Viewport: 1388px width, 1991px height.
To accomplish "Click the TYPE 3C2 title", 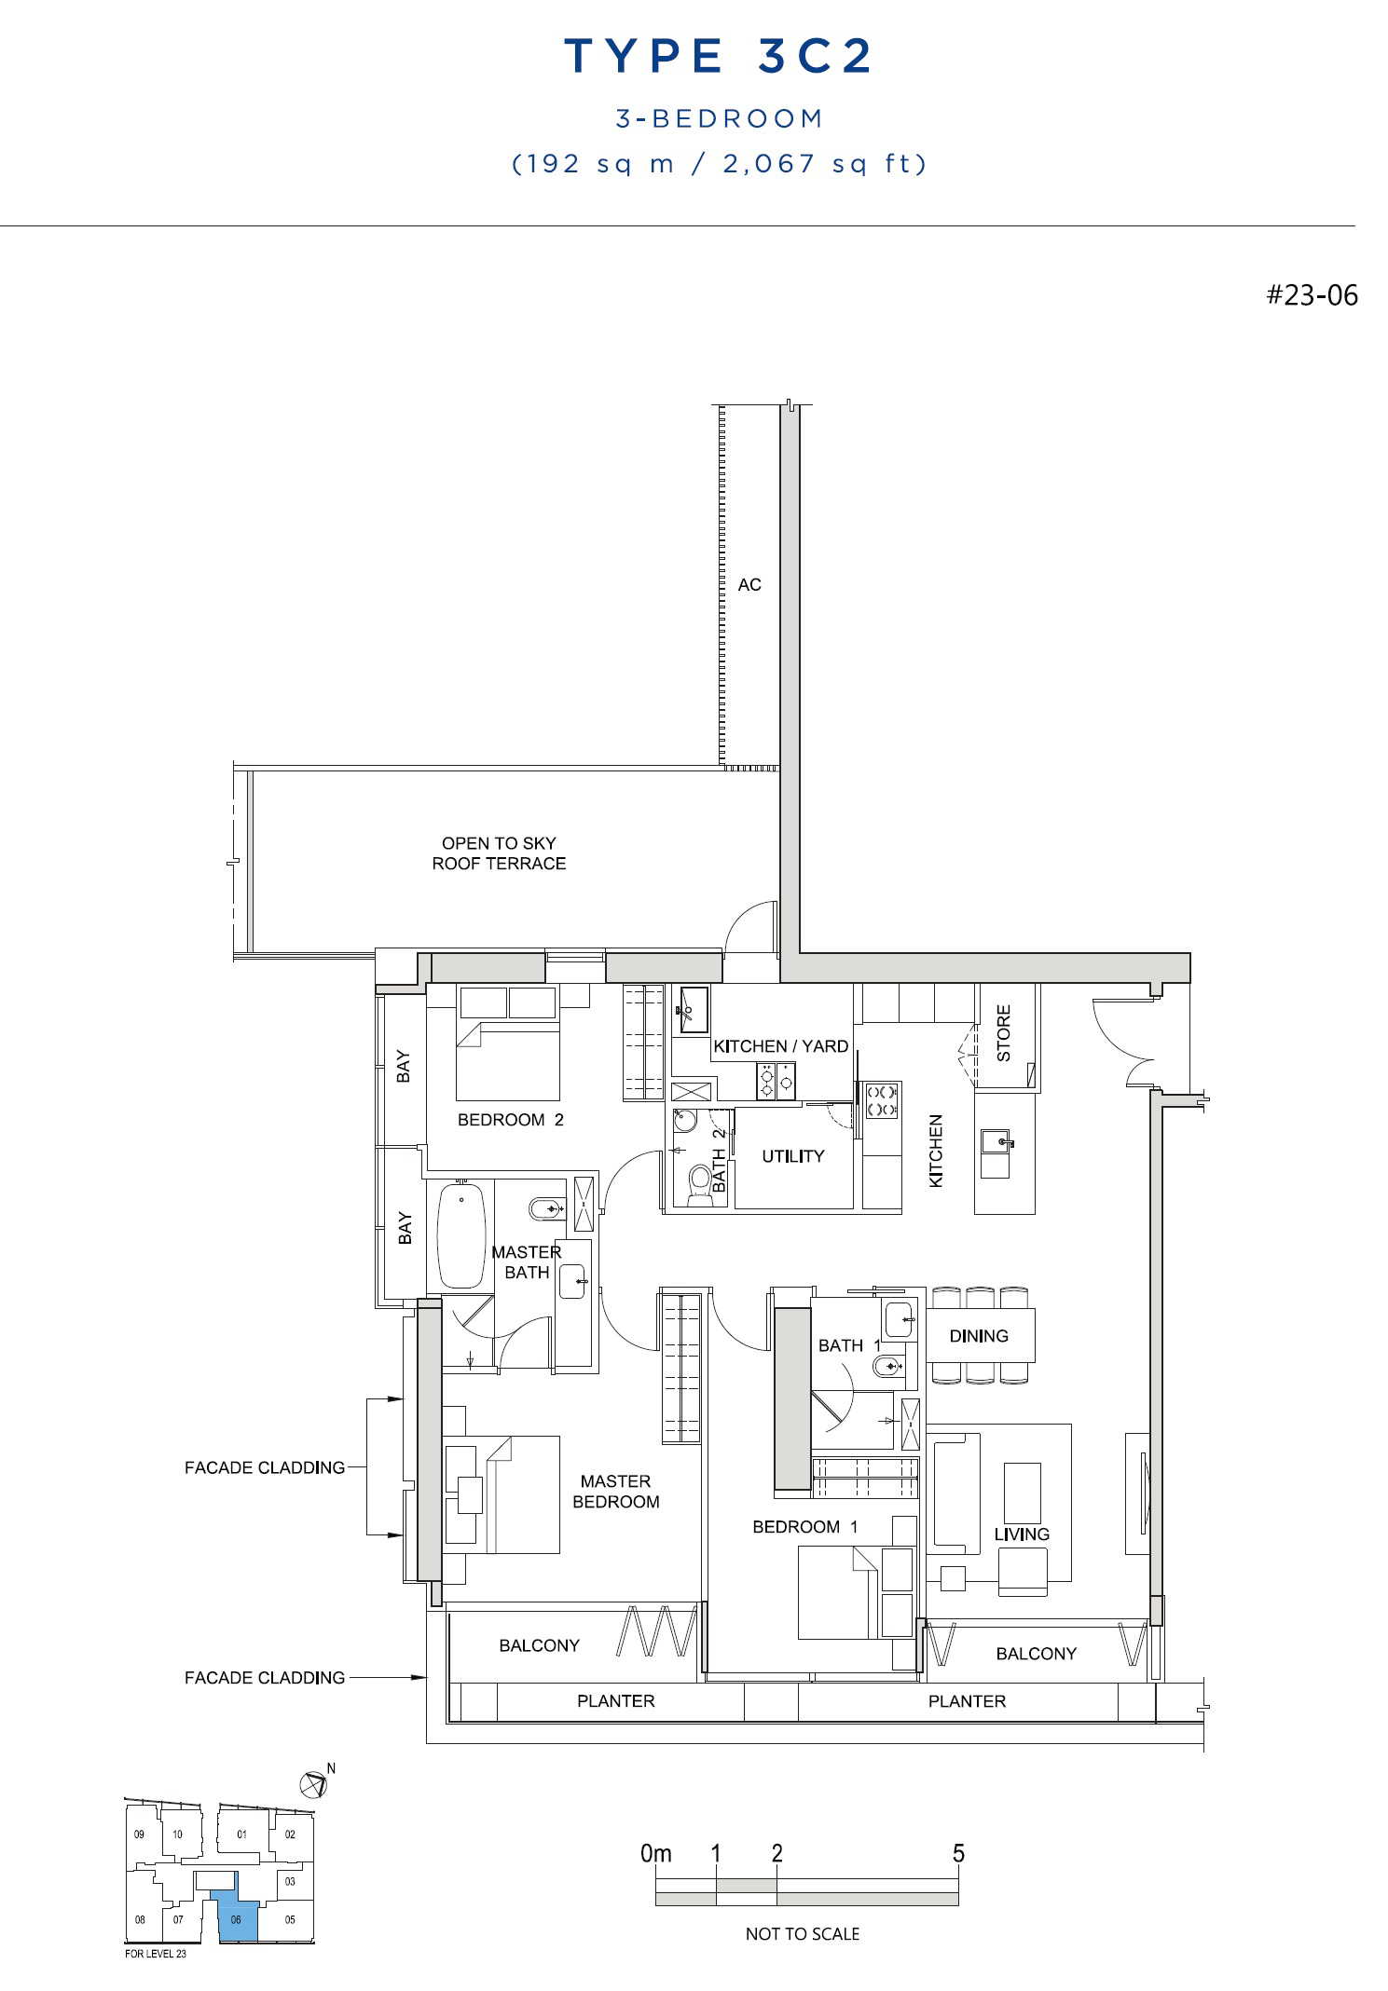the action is [719, 56].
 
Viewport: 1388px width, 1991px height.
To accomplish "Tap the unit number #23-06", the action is [1312, 295].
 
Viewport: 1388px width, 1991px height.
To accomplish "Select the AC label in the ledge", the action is [749, 585].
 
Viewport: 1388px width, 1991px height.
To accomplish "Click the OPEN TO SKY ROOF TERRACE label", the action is [499, 853].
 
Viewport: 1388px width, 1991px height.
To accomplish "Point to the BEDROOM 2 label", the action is [511, 1120].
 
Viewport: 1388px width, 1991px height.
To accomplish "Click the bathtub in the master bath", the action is [461, 1235].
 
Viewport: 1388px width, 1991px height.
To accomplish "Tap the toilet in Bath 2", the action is [699, 1184].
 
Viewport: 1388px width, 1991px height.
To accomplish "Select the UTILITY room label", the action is [793, 1156].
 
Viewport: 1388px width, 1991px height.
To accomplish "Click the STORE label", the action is [1004, 1033].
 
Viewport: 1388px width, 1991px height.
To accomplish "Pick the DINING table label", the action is [979, 1336].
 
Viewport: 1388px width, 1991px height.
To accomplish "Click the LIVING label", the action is [1022, 1534].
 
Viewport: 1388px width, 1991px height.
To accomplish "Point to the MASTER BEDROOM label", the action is [616, 1492].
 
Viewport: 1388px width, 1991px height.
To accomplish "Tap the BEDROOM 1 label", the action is [805, 1527].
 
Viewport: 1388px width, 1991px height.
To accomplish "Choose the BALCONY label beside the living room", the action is [1037, 1654].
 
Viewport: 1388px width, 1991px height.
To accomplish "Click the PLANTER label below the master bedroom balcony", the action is [616, 1701].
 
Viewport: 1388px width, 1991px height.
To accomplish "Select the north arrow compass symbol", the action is [314, 1784].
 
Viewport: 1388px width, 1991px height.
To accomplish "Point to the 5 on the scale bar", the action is [958, 1854].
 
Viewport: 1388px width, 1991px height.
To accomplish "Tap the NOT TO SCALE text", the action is [803, 1934].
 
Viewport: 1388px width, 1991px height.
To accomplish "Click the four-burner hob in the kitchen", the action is [882, 1100].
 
